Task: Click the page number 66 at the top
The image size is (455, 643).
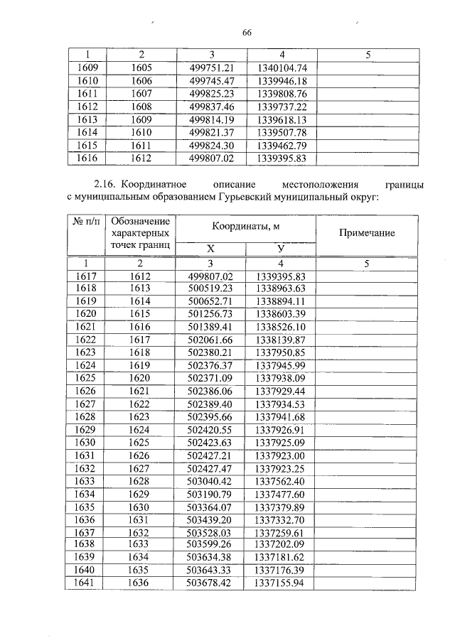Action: (247, 33)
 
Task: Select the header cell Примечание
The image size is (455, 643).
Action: (367, 233)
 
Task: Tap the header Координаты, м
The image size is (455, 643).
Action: (245, 226)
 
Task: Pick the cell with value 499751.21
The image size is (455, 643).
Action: (212, 68)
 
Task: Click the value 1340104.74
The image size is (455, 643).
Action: (282, 68)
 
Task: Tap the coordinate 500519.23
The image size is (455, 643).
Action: (212, 289)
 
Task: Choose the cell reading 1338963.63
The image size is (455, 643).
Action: (282, 289)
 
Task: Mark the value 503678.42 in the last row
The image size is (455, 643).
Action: (212, 583)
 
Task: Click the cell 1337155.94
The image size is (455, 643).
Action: (282, 583)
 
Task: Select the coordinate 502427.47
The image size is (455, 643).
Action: (212, 468)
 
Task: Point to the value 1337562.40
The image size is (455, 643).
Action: (282, 481)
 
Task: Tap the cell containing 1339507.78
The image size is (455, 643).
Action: (282, 132)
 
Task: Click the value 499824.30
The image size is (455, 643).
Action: (212, 145)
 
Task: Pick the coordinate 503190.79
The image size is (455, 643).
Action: (212, 494)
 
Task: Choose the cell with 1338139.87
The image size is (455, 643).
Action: (282, 340)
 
